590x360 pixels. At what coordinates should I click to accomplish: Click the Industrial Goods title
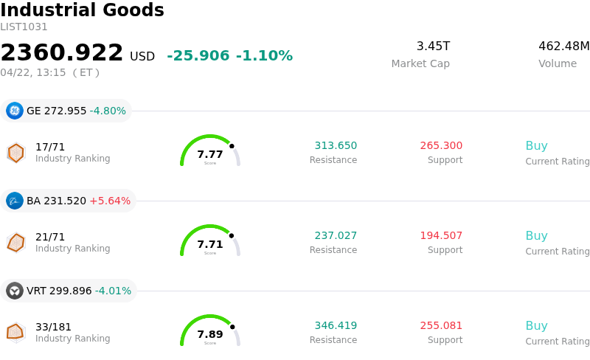point(82,10)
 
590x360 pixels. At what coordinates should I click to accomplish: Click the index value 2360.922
point(62,53)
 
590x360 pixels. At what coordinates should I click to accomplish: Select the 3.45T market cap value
point(433,46)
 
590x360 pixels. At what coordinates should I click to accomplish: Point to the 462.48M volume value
point(563,46)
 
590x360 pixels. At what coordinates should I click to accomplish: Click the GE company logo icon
point(15,111)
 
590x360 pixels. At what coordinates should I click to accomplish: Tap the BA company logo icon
point(15,201)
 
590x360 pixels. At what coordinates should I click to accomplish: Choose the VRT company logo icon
point(15,291)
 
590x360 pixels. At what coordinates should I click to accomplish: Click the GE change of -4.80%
point(108,111)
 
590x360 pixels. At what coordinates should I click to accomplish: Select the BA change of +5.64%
point(110,201)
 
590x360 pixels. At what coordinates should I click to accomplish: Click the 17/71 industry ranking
point(50,147)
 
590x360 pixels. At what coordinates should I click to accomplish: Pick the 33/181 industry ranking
point(53,327)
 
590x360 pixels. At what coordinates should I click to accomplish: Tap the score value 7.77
point(210,154)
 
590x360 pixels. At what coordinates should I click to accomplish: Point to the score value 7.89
point(210,334)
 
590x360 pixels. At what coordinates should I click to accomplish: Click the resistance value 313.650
point(336,146)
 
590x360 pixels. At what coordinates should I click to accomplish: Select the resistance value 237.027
point(336,236)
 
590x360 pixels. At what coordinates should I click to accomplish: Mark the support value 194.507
point(441,236)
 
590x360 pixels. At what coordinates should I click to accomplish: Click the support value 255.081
point(441,326)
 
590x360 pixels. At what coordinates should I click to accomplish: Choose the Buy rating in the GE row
point(536,146)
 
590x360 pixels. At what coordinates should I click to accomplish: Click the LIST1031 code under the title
point(24,27)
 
